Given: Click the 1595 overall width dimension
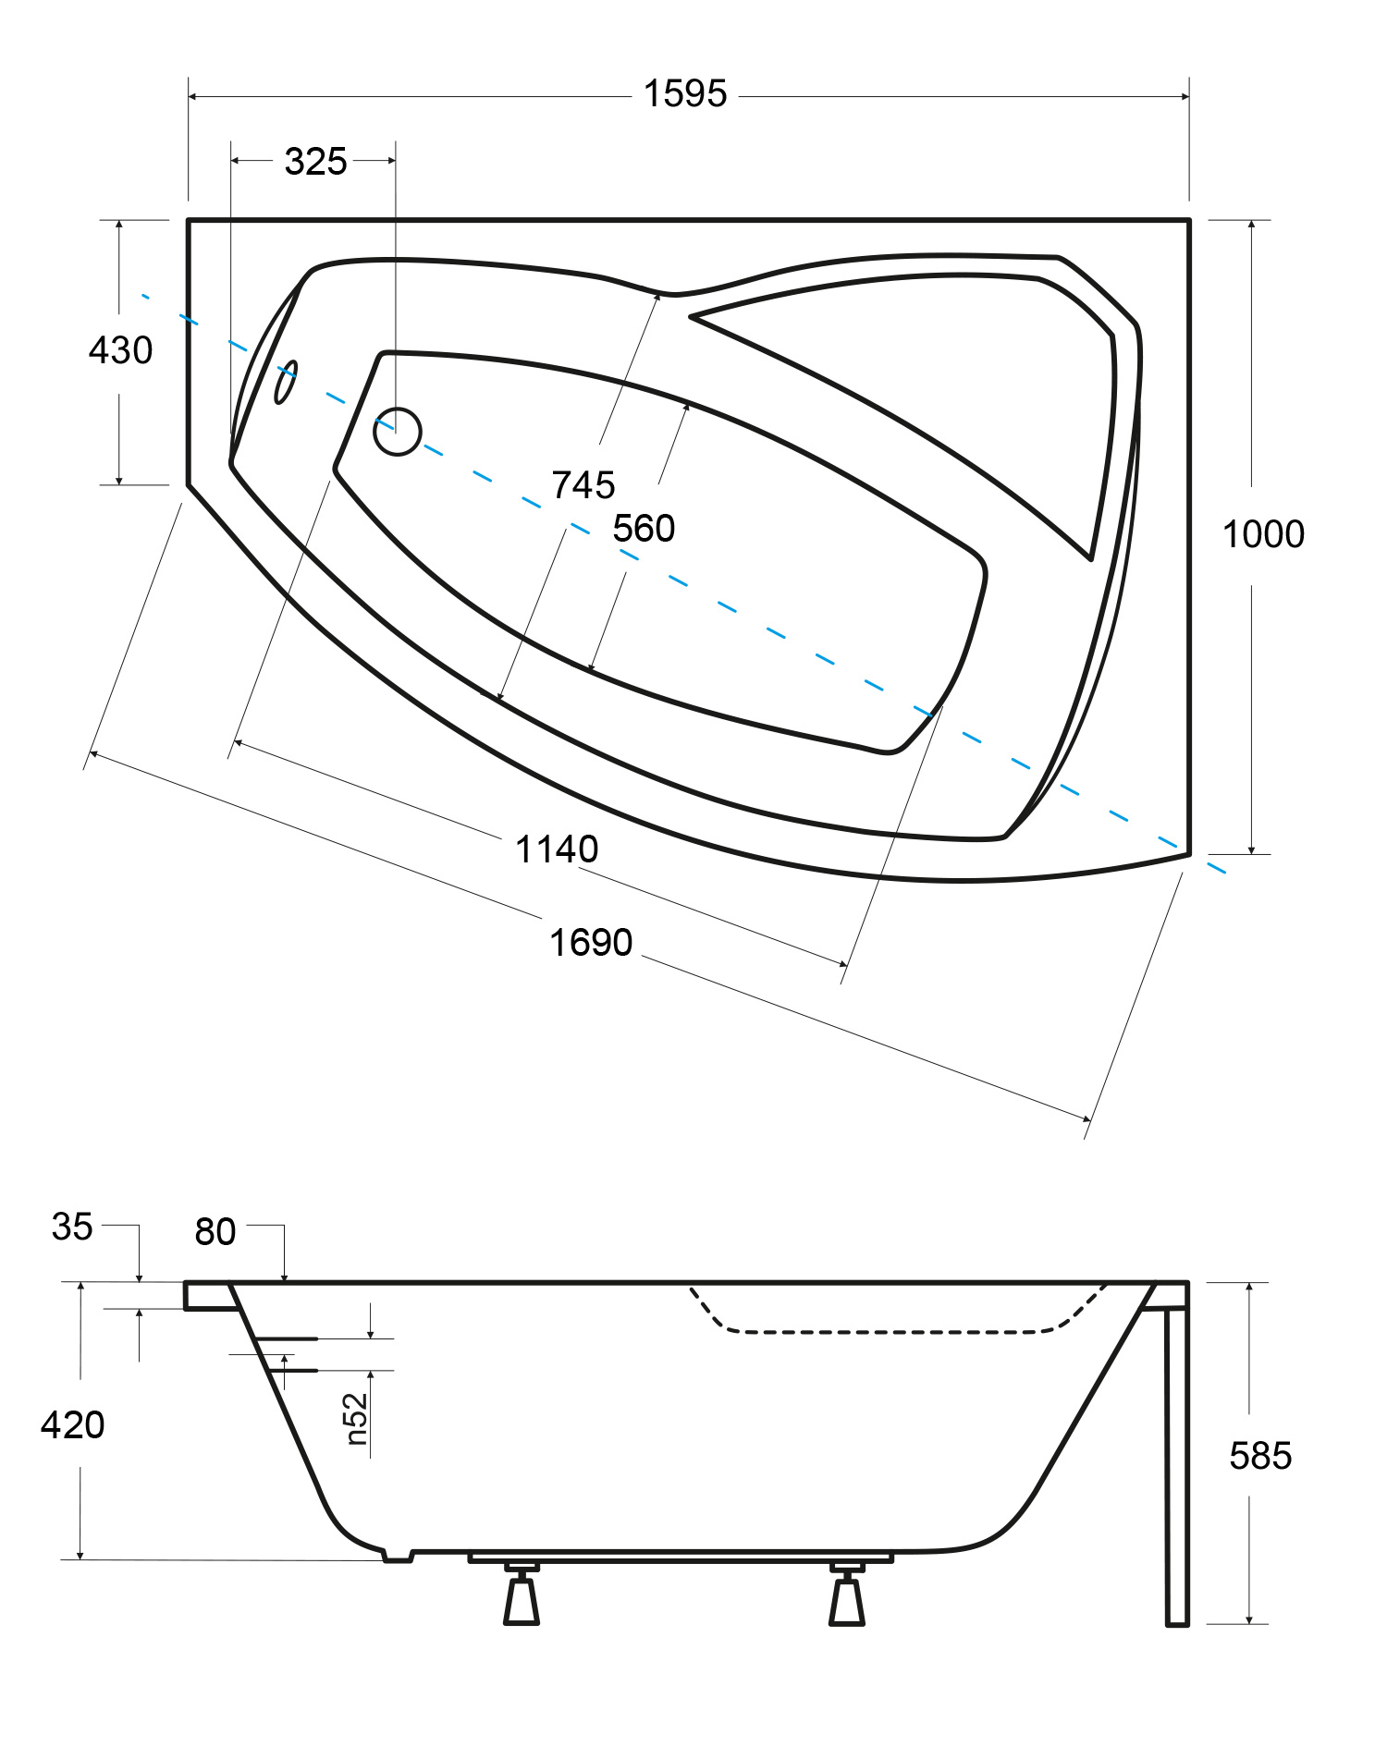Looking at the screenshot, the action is coord(685,94).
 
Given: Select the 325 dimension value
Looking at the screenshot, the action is coord(315,162).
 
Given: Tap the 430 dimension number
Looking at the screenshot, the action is coord(120,350).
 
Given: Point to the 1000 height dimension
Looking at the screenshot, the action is coord(1263,534).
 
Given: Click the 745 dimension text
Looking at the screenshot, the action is coord(583,485).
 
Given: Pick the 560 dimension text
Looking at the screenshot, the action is coord(644,529).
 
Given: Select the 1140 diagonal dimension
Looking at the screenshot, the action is coord(557,849).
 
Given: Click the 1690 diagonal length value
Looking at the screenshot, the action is coord(591,943).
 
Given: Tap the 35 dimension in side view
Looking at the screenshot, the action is coord(72,1227).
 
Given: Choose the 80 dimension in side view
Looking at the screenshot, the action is coord(215,1232).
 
